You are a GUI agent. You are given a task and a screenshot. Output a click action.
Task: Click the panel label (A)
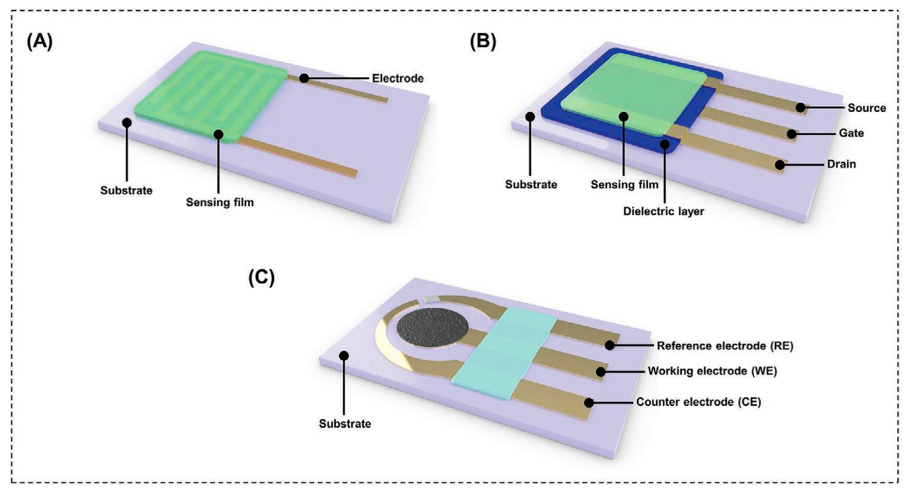[39, 42]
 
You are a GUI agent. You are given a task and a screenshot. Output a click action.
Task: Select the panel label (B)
[483, 42]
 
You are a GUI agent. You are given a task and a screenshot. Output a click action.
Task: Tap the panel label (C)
[261, 278]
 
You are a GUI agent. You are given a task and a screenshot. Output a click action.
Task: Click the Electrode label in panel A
[398, 78]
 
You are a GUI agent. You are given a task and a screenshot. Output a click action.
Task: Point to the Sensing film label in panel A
[220, 202]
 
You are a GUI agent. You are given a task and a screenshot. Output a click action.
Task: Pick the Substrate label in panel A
[126, 191]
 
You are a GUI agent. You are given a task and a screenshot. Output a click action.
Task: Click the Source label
[866, 108]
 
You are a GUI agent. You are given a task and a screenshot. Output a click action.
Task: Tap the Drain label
[841, 164]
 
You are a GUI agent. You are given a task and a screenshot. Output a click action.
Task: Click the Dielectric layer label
[663, 211]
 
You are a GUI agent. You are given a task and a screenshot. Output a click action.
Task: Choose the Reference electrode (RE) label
[725, 346]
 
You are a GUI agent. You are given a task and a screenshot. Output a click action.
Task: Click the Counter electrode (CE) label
[698, 402]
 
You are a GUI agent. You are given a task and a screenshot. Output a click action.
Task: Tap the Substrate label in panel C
[345, 423]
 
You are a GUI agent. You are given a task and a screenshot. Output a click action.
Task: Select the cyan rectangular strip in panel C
[504, 353]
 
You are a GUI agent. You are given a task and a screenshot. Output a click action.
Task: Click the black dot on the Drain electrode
[780, 165]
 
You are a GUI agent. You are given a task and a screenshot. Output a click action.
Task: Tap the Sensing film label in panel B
[624, 185]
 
